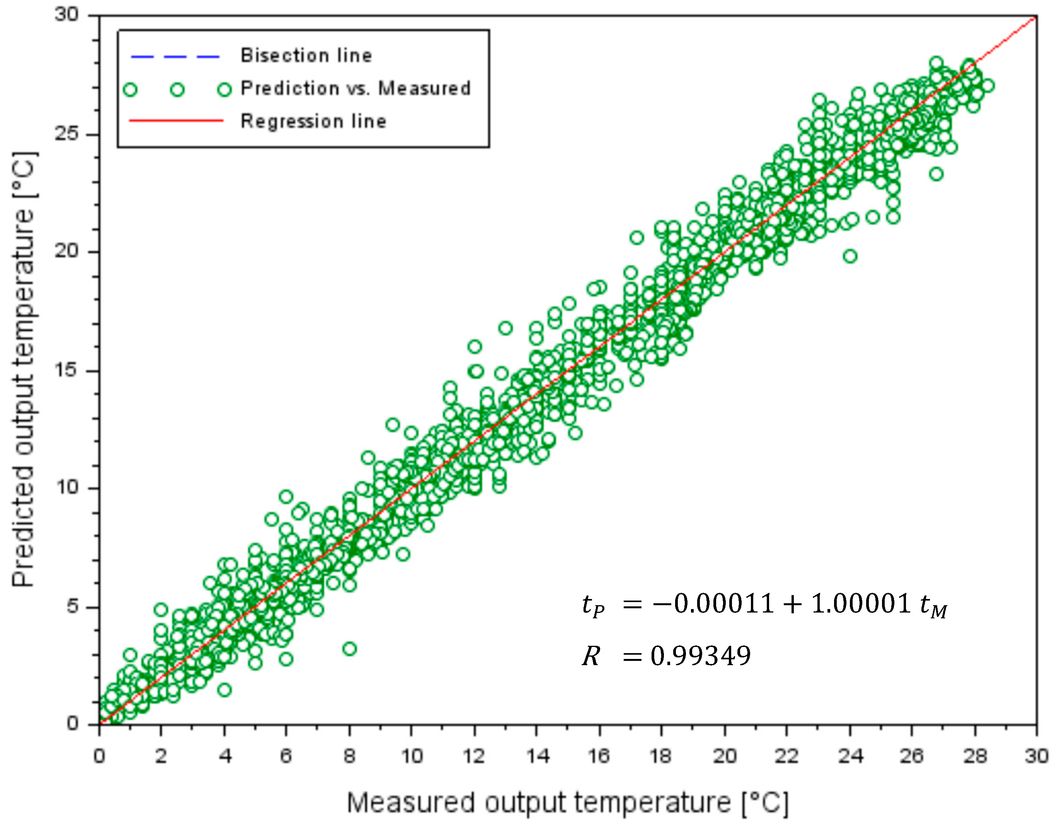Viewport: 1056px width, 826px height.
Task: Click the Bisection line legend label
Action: [x=306, y=56]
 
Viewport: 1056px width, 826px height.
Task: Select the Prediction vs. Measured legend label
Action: [x=355, y=89]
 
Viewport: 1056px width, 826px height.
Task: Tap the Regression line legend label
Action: [x=313, y=121]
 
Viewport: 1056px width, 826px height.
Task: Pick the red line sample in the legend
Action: [x=176, y=120]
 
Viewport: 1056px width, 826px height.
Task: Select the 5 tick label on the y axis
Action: [x=73, y=606]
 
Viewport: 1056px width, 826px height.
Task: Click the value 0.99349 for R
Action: [x=700, y=656]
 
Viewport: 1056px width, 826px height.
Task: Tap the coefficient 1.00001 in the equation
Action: [x=861, y=604]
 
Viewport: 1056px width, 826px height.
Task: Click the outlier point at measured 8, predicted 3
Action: [x=350, y=649]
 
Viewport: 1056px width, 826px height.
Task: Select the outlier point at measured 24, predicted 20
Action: [x=850, y=256]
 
